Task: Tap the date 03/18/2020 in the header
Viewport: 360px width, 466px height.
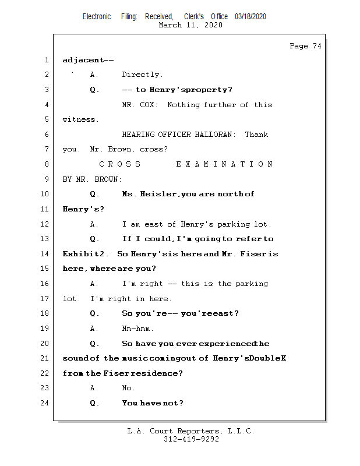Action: (250, 17)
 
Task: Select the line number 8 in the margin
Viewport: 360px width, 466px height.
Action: (46, 164)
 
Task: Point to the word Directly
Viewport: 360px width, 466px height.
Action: (142, 75)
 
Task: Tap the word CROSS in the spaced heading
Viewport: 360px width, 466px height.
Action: (120, 164)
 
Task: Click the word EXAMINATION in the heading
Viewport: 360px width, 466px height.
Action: (224, 164)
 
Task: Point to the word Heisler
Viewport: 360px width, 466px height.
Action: (157, 194)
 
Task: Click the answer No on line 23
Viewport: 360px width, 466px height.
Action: (128, 388)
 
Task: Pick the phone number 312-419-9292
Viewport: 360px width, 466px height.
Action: (192, 440)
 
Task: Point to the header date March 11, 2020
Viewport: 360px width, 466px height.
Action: (190, 25)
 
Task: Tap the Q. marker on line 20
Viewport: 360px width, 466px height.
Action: (95, 344)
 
